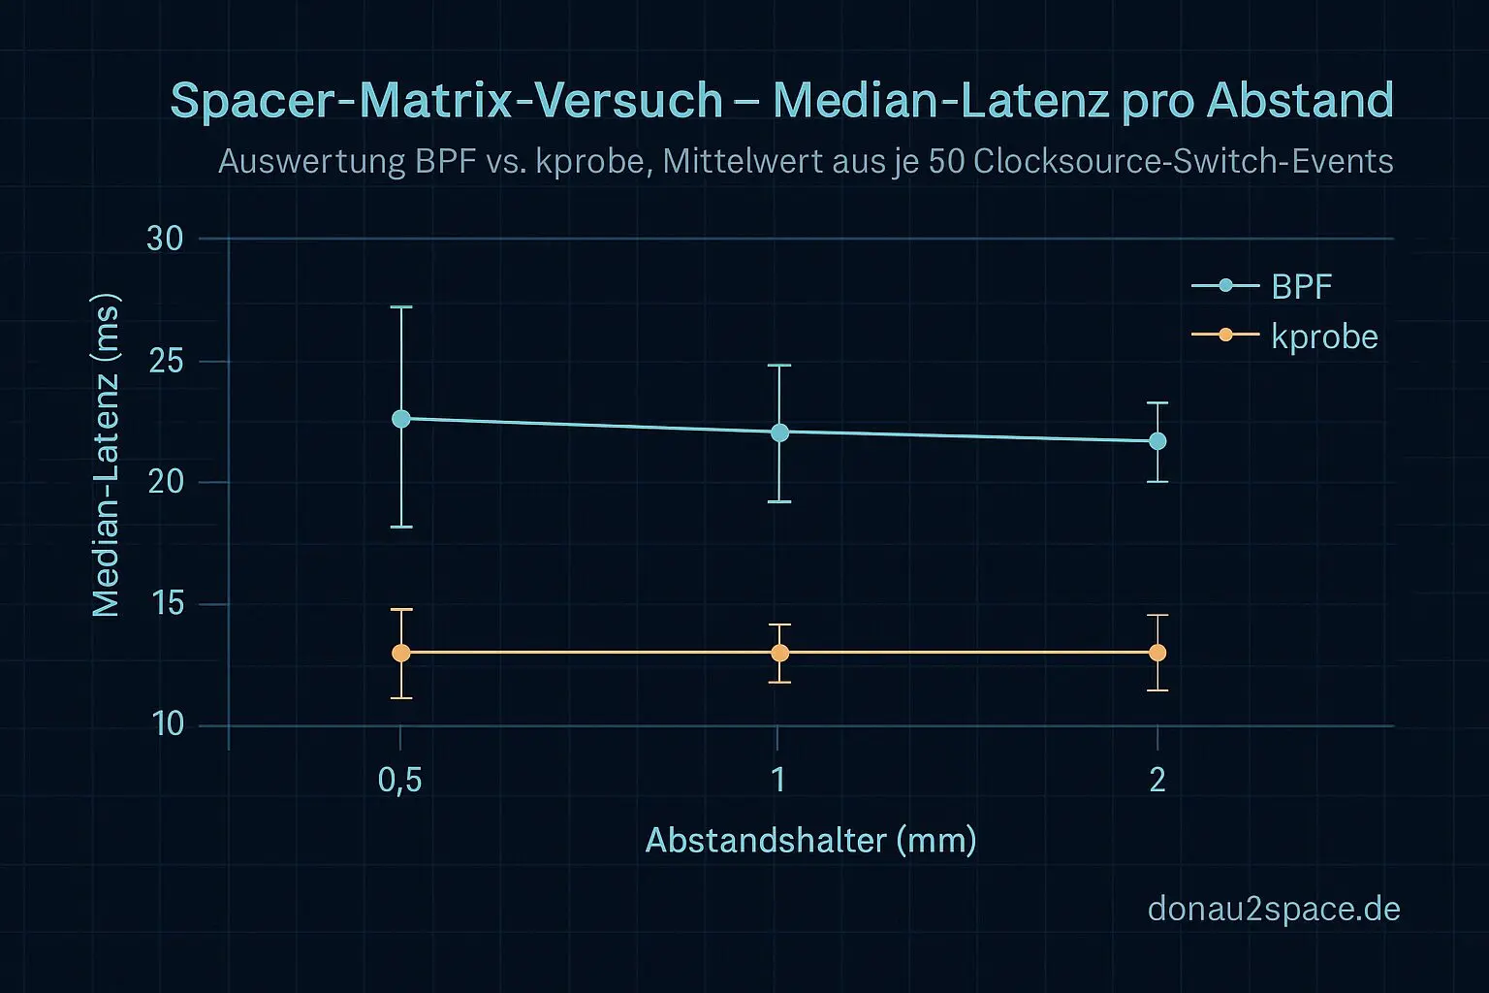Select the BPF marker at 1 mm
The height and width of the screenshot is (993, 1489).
click(x=779, y=432)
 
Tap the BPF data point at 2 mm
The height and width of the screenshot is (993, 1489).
click(x=1157, y=441)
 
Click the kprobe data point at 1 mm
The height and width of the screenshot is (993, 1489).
click(x=779, y=653)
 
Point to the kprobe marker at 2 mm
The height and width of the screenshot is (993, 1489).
click(x=1157, y=653)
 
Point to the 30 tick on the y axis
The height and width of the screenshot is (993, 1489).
click(x=165, y=239)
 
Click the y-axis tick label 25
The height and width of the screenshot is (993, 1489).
click(x=165, y=362)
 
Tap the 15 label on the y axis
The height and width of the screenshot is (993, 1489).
click(x=165, y=604)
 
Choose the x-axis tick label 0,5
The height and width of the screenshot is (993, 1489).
click(x=399, y=780)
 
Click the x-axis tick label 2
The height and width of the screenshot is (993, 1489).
click(x=1157, y=780)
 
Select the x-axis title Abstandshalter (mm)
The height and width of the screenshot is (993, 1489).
click(x=810, y=840)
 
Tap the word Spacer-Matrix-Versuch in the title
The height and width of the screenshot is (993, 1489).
click(x=446, y=101)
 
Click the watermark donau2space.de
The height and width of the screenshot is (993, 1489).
click(x=1273, y=909)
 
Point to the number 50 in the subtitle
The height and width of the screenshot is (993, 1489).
click(x=946, y=161)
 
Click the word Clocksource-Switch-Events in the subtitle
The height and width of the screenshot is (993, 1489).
click(x=1183, y=161)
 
